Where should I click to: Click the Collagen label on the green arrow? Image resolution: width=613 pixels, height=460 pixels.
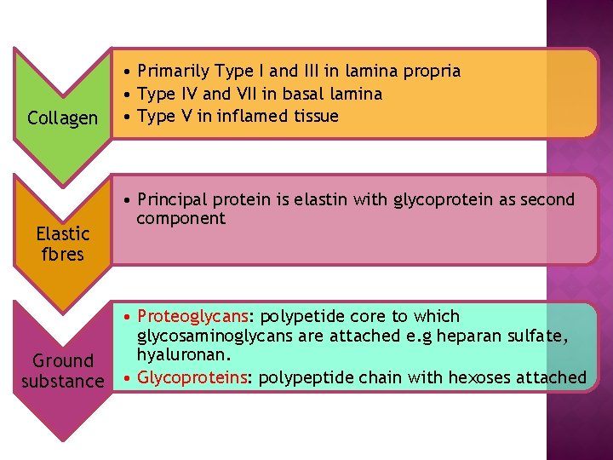62,118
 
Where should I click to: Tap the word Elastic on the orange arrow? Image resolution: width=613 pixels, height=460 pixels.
62,233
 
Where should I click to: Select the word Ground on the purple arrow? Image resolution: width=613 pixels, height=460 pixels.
62,361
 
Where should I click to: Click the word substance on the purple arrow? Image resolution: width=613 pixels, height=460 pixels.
62,381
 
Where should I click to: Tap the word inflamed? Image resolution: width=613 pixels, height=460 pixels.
258,116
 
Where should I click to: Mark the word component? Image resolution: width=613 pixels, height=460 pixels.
180,218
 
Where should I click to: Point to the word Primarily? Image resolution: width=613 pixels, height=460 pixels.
174,72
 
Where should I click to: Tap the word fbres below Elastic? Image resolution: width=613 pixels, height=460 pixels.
62,254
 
